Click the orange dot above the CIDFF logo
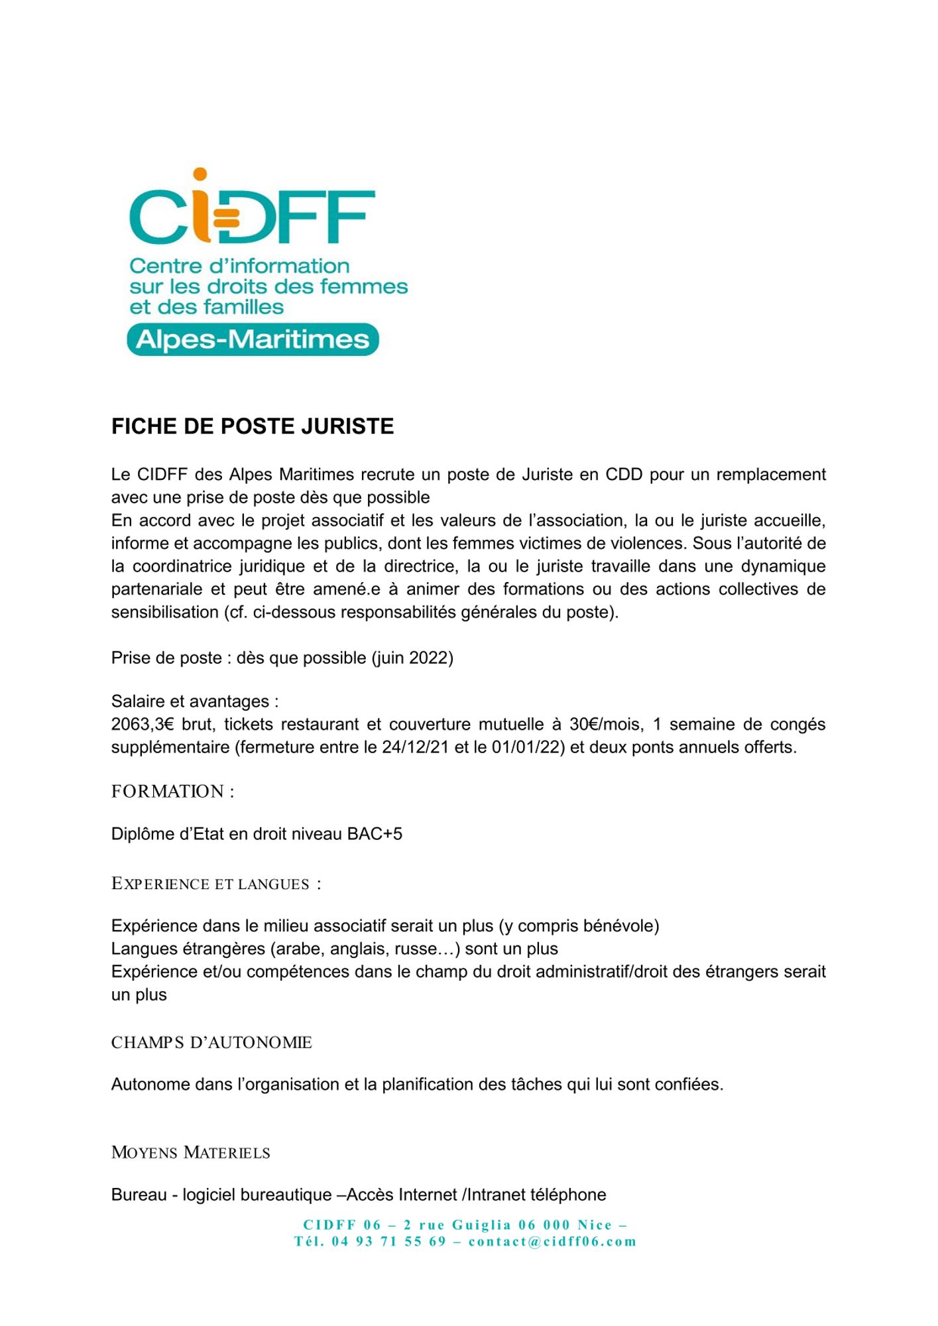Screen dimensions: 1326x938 200,174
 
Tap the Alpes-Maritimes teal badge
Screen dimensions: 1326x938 253,339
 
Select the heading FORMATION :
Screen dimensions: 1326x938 172,791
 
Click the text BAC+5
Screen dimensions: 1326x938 375,833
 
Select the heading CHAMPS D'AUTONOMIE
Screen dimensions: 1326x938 211,1042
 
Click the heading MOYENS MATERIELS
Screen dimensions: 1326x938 190,1152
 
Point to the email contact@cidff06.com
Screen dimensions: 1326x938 552,1241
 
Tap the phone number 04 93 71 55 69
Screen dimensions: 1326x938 389,1241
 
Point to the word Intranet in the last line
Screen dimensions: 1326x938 497,1195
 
